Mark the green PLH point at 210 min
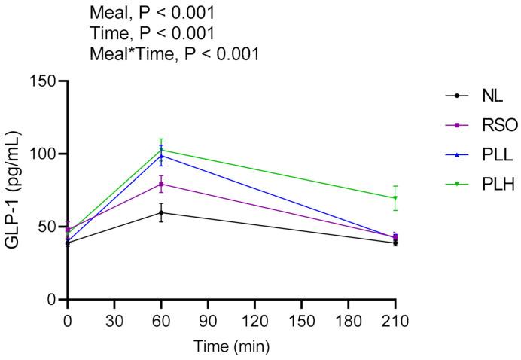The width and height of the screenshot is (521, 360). coord(395,198)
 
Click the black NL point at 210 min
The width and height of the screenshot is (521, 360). coord(395,243)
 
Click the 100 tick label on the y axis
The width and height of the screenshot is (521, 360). coord(44,154)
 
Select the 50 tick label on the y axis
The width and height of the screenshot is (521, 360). coord(49,227)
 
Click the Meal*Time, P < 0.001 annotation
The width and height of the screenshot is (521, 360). coord(175,53)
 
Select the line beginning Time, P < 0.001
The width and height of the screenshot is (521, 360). coord(152,33)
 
